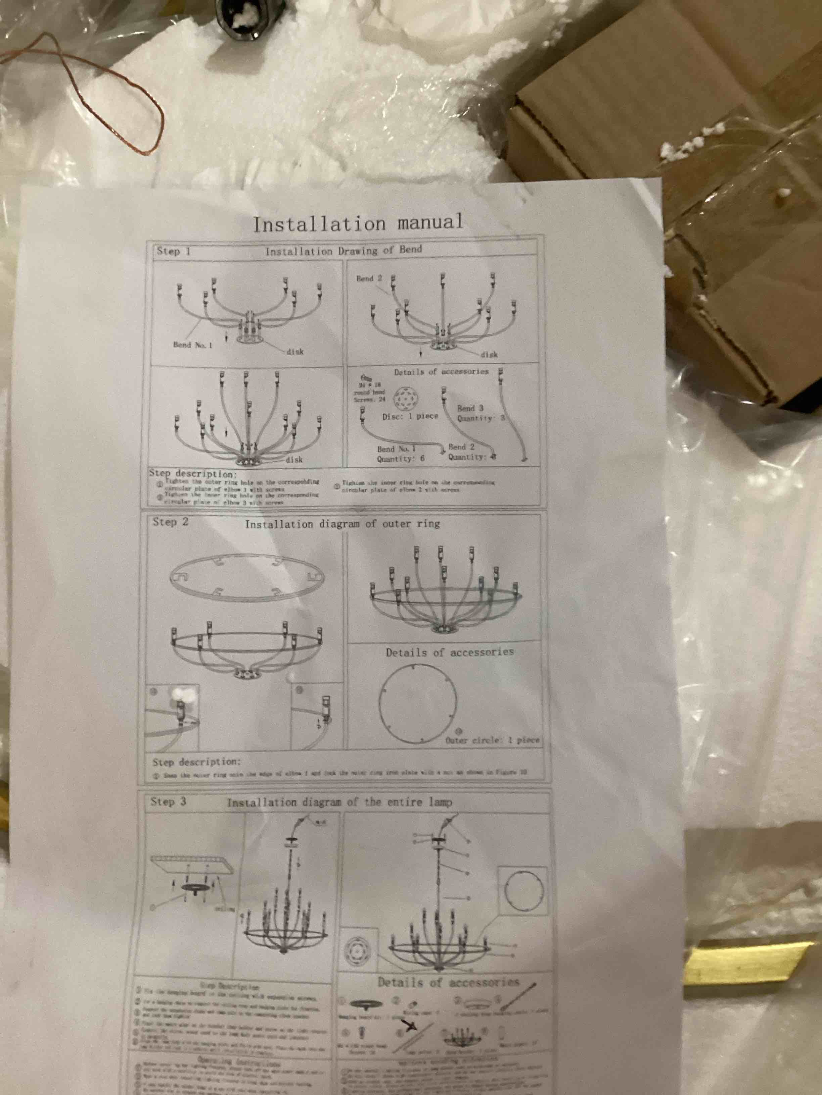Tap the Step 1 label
pos(173,251)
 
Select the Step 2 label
pos(171,522)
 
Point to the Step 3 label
pos(169,801)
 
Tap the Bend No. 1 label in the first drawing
pos(193,345)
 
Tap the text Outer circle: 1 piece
pos(492,740)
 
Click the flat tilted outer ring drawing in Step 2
pos(246,578)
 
